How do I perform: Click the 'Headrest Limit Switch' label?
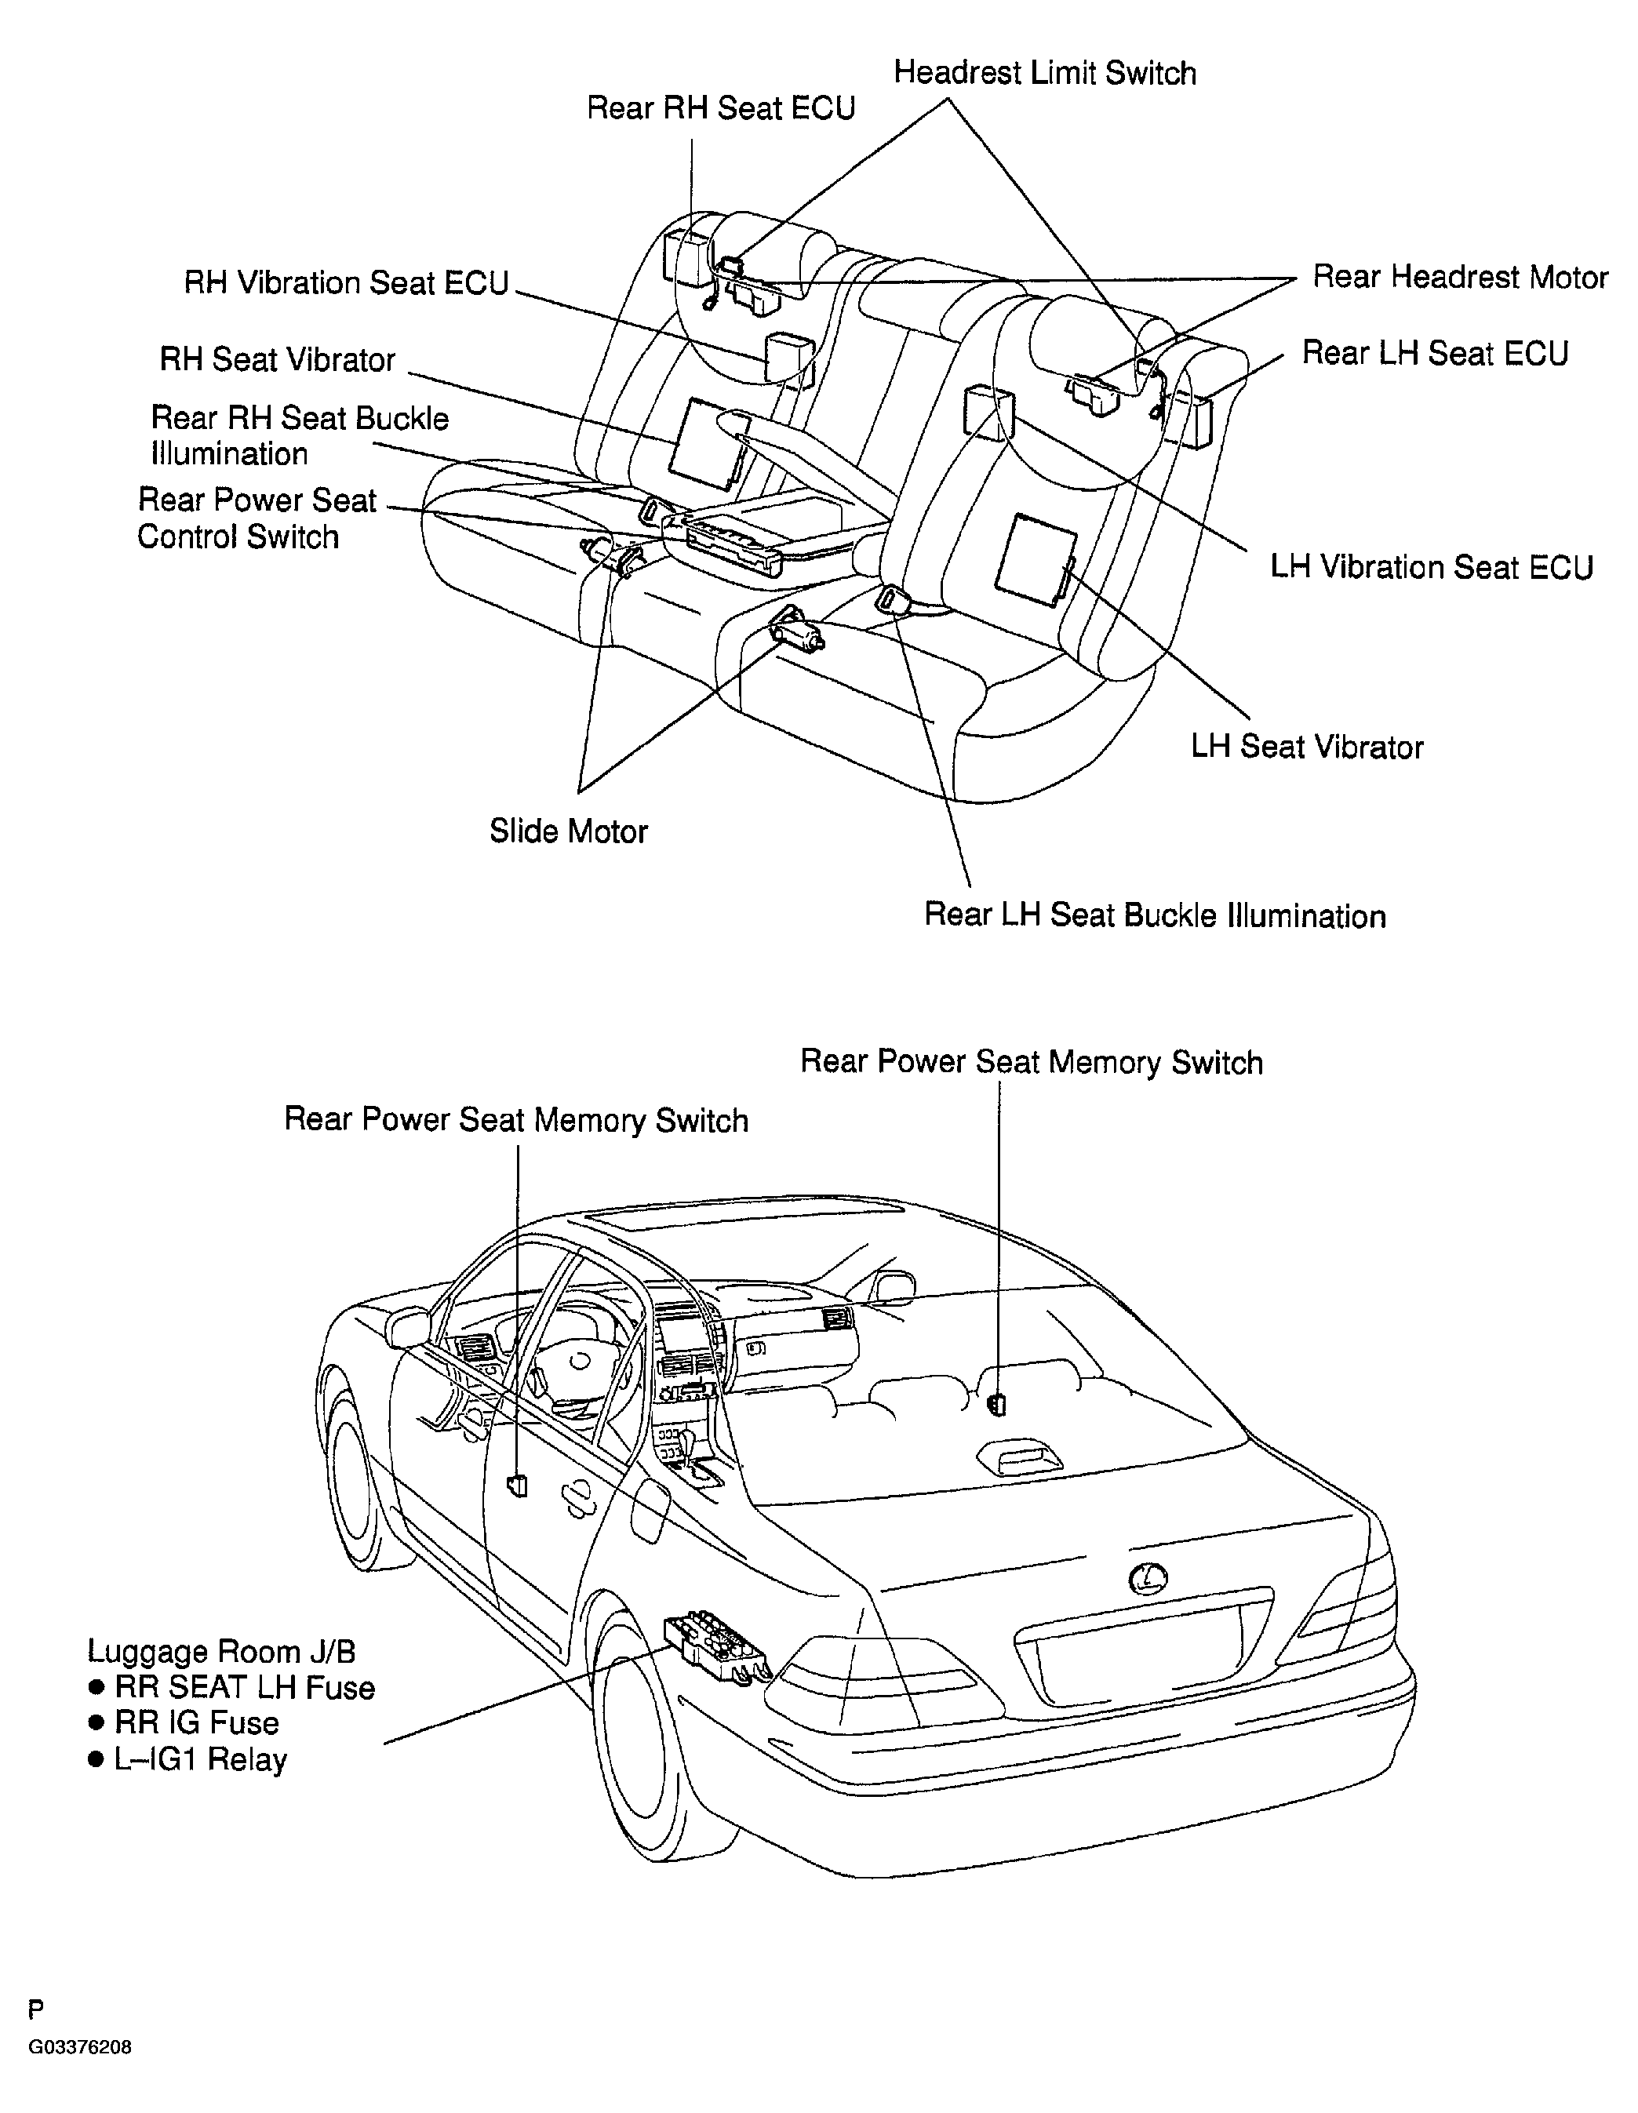[1045, 74]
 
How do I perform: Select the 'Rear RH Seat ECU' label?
[721, 108]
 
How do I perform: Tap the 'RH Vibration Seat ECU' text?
[347, 282]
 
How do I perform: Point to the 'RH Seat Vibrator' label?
[278, 360]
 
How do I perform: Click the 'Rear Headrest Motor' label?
[1460, 278]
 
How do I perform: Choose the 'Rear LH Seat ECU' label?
[1435, 353]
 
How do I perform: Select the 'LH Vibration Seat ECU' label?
[1432, 567]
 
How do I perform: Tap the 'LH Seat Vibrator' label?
[1307, 747]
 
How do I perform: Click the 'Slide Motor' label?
[568, 831]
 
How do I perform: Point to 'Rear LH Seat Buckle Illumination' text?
[1156, 915]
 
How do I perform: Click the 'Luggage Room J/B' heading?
[221, 1652]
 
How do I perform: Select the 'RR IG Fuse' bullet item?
[184, 1723]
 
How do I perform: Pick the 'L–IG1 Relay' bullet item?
[187, 1759]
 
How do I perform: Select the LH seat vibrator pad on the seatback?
[1036, 560]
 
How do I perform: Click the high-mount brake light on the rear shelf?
[1019, 1457]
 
